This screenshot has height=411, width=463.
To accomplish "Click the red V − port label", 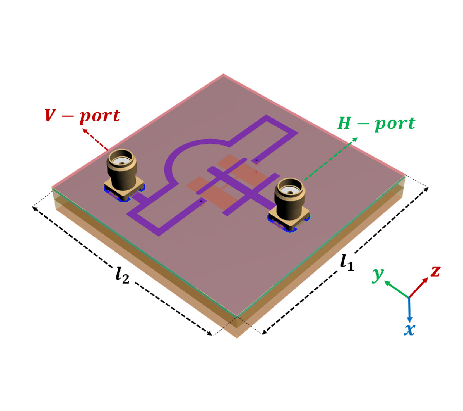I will [x=82, y=116].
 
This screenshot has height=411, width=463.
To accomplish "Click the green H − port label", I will [x=376, y=124].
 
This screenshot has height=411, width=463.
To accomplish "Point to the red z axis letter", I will [x=435, y=271].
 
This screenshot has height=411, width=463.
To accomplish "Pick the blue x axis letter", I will [x=409, y=329].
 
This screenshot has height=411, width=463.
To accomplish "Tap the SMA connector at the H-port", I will [x=290, y=199].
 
